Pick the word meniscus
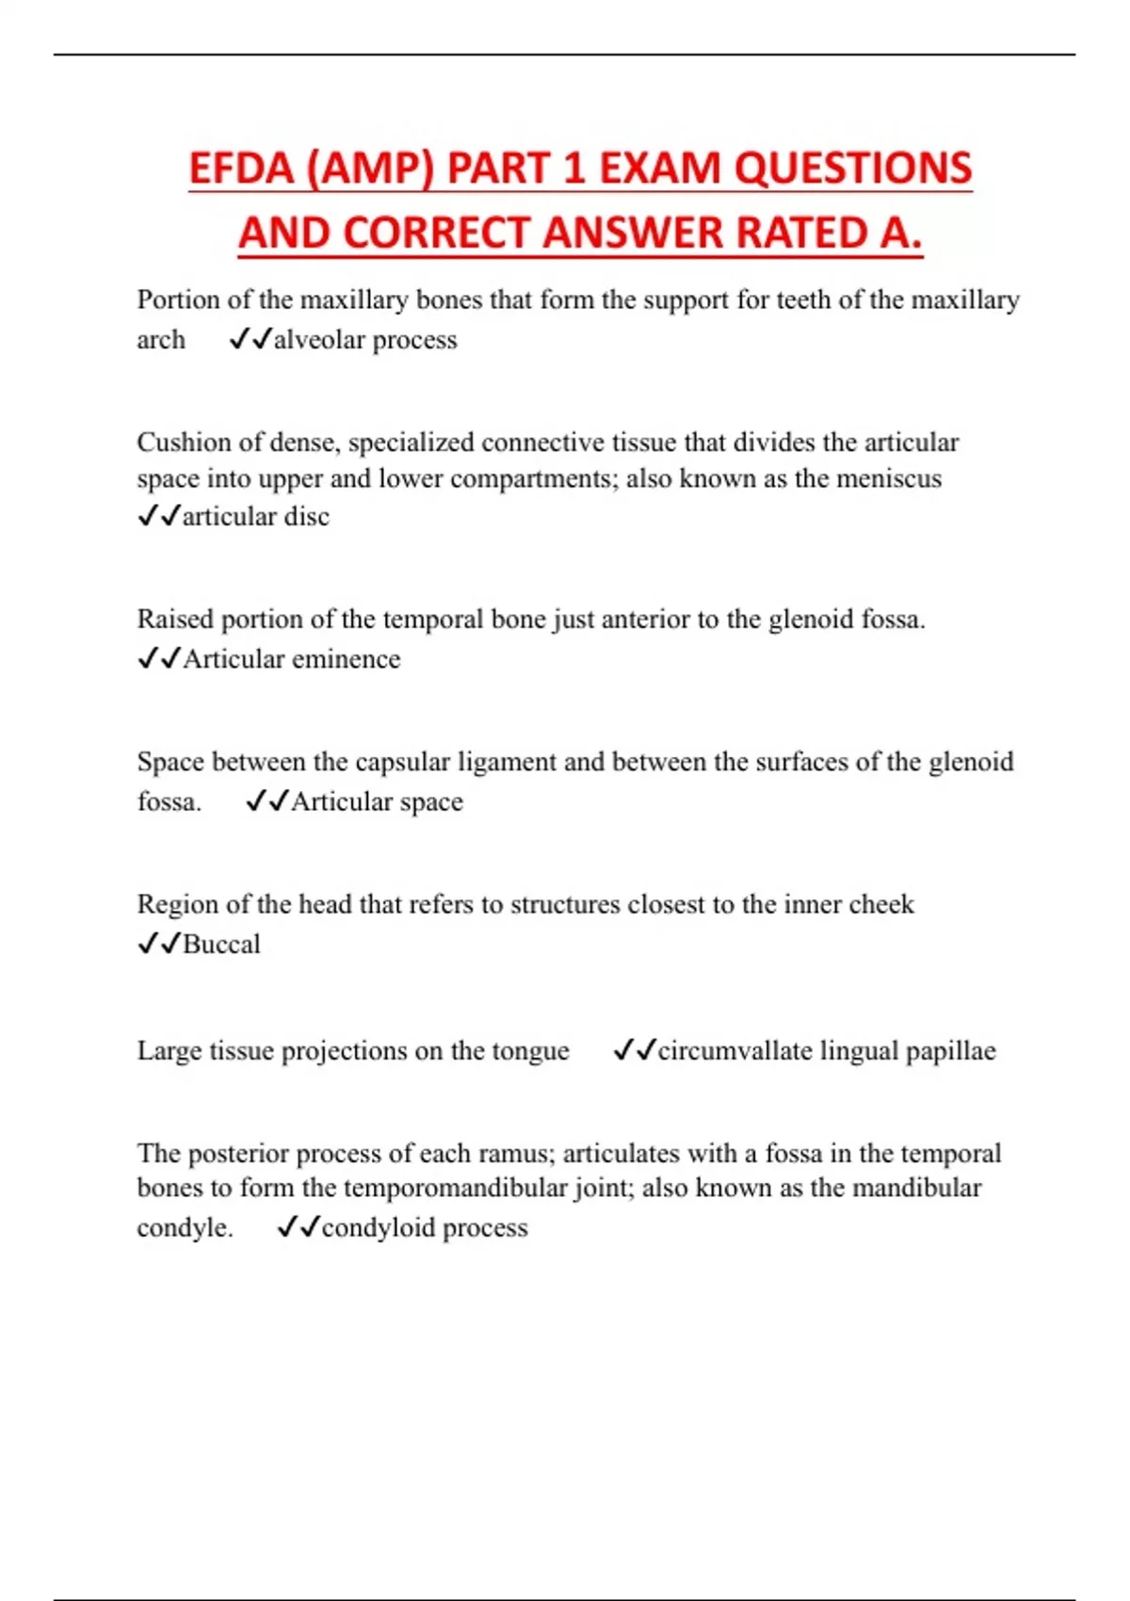[x=888, y=479]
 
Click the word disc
[x=307, y=517]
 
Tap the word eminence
[x=346, y=659]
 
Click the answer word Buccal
[x=221, y=945]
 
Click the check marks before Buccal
[x=158, y=944]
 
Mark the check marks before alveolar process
[x=250, y=339]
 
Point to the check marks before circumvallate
[x=634, y=1050]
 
